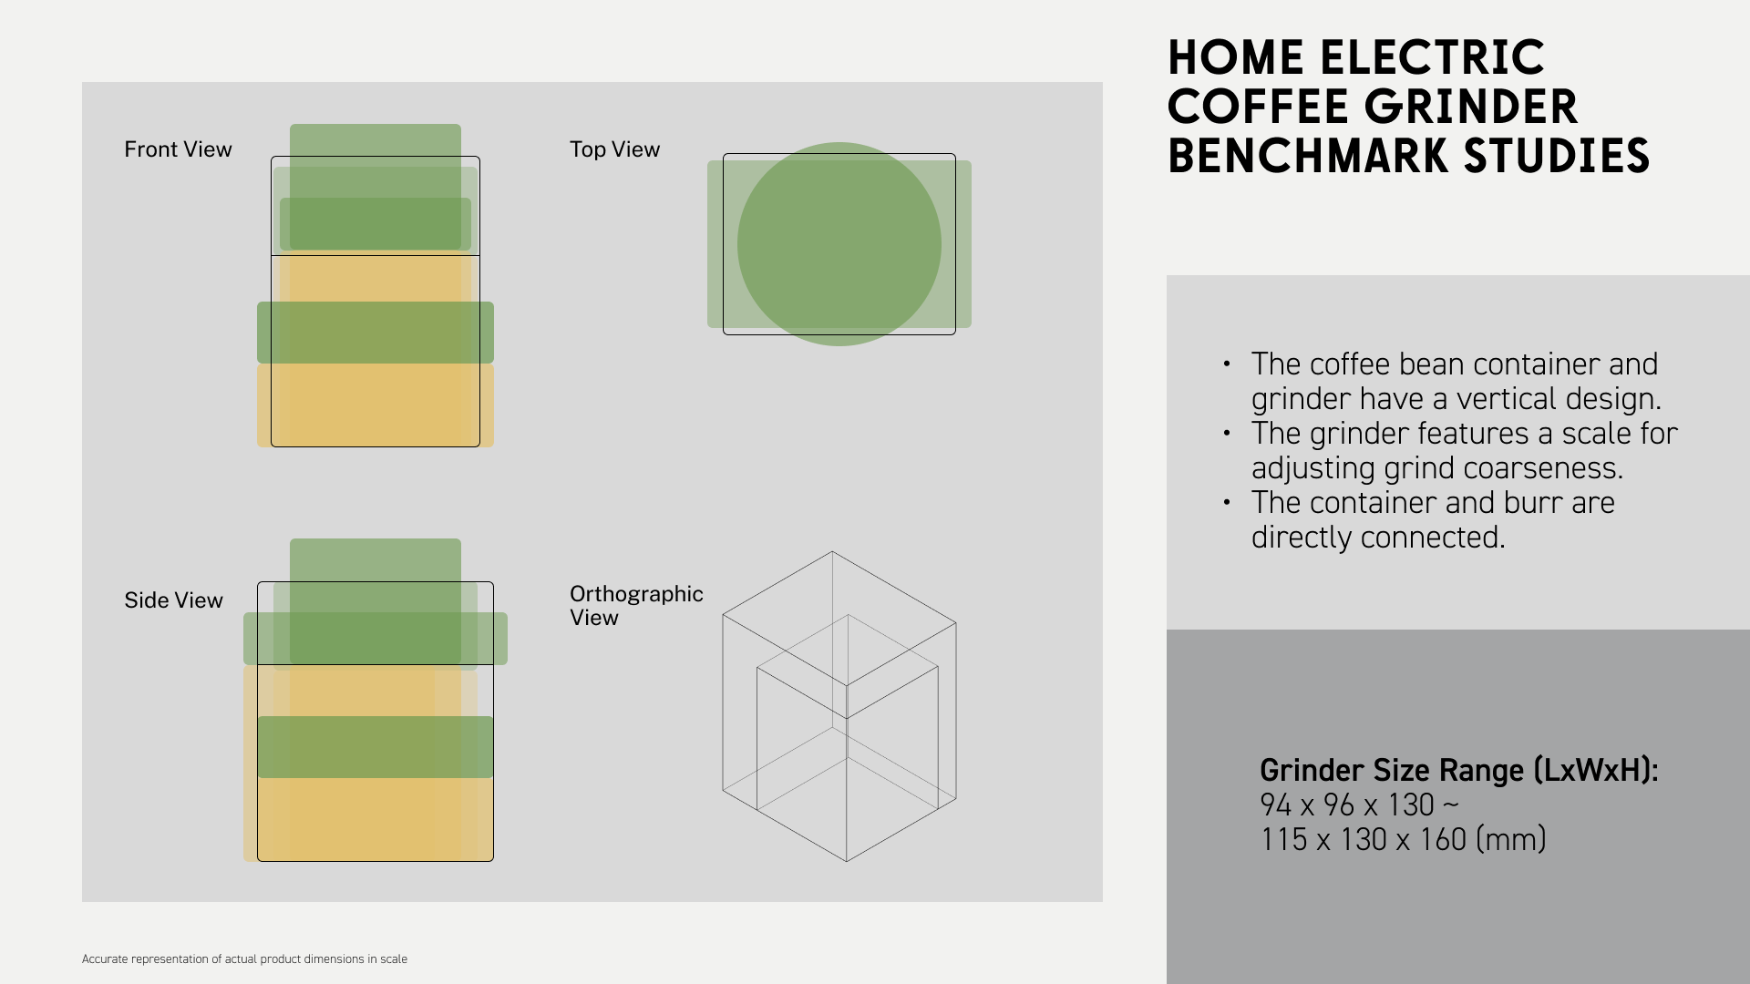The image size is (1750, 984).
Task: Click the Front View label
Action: click(x=178, y=149)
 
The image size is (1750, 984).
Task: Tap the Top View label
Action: click(x=614, y=149)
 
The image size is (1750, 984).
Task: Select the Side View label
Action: click(x=173, y=600)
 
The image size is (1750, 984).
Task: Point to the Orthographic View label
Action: click(x=636, y=606)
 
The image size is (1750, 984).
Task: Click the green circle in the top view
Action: click(x=839, y=244)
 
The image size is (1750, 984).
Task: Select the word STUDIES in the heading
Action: click(x=1557, y=157)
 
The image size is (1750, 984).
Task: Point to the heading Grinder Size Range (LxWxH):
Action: click(x=1459, y=771)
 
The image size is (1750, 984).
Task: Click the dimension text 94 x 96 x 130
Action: click(x=1347, y=805)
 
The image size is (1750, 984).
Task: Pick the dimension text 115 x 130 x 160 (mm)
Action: click(x=1404, y=840)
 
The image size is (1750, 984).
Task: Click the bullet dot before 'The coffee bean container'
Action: click(x=1227, y=364)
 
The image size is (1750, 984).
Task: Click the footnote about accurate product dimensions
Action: click(x=244, y=959)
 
